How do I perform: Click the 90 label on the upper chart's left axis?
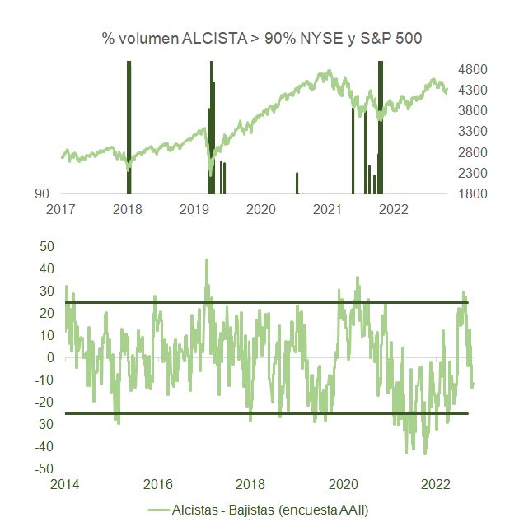pos(41,194)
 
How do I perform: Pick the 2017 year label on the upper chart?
pos(61,209)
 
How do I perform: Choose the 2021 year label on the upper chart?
pos(327,209)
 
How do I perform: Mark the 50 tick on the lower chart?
pos(46,246)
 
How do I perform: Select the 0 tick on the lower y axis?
pos(49,357)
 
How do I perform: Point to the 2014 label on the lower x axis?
pos(65,483)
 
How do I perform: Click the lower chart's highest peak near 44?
pos(206,261)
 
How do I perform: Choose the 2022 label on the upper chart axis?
pos(393,209)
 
